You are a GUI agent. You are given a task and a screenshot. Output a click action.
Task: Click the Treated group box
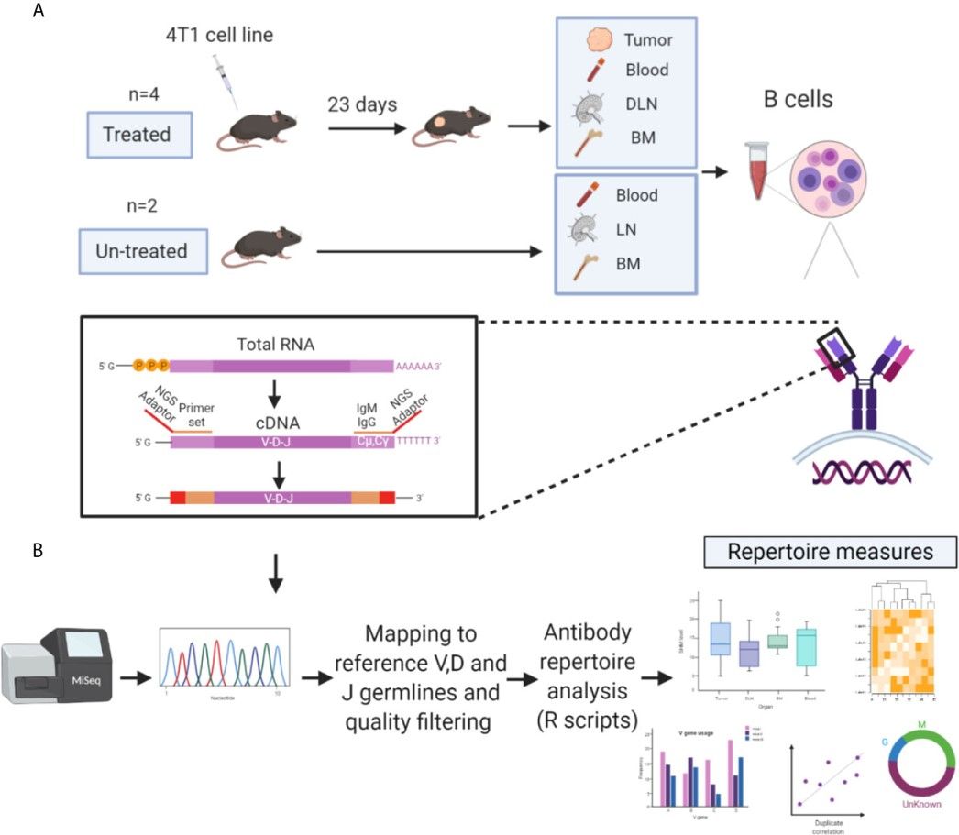point(138,135)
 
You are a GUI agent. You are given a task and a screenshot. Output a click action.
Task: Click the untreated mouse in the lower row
point(266,246)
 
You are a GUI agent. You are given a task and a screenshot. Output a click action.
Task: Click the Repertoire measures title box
point(830,552)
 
